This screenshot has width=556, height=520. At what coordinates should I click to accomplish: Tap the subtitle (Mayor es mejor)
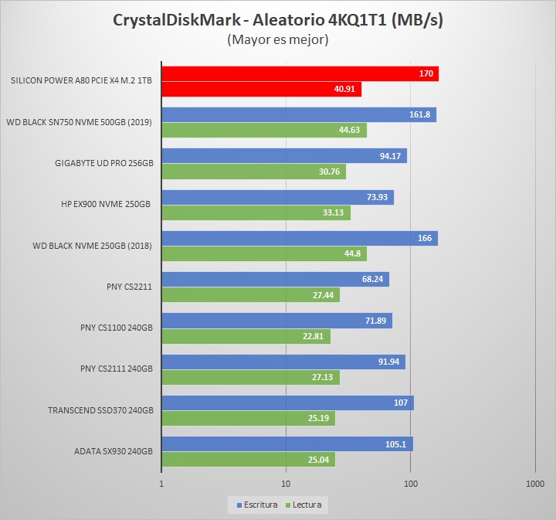[278, 40]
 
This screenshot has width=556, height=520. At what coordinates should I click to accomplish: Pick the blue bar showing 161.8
[298, 115]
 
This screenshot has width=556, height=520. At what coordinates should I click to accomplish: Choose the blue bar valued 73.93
[277, 197]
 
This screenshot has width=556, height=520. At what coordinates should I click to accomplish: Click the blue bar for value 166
[299, 238]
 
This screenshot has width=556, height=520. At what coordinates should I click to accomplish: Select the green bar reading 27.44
[250, 294]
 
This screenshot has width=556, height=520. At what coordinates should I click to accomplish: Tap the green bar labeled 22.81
[246, 336]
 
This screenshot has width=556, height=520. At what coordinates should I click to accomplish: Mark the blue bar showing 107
[287, 403]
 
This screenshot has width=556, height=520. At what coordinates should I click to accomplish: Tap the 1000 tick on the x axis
[534, 484]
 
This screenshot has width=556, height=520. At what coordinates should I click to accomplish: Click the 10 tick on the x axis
[286, 484]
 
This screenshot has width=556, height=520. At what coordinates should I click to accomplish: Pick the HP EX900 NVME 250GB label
[106, 205]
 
